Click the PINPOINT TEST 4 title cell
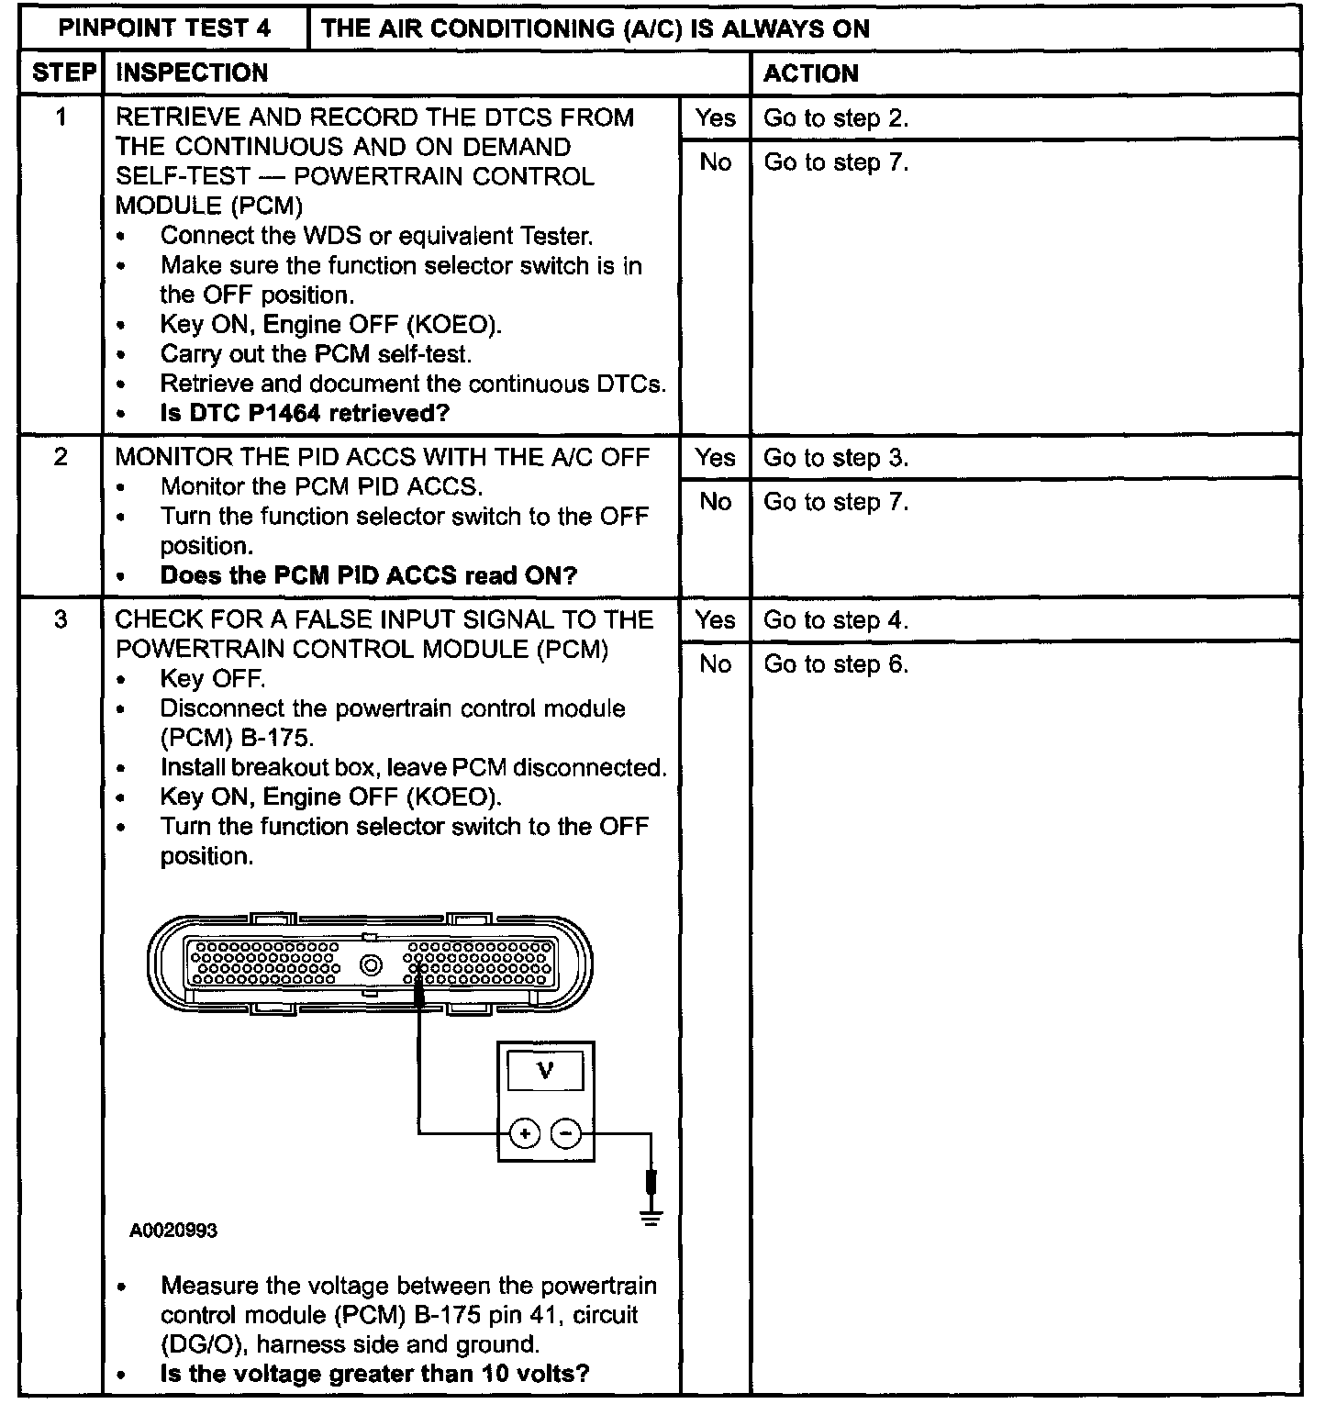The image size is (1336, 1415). tap(164, 28)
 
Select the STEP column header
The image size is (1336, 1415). tap(61, 72)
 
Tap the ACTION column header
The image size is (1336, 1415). tap(811, 73)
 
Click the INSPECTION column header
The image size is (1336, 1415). tap(192, 72)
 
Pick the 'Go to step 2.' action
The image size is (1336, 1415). tap(836, 118)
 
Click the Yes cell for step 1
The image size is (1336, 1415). tap(715, 118)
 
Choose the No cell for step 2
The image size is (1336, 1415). tap(715, 502)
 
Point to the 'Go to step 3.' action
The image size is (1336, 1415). tap(836, 458)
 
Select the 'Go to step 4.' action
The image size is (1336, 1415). tap(836, 620)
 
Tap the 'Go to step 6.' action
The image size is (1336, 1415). tap(836, 664)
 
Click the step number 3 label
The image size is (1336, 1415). tap(61, 620)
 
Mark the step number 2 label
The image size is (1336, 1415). tap(61, 457)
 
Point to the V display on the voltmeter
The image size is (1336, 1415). tap(545, 1071)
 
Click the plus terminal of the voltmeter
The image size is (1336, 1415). tap(525, 1134)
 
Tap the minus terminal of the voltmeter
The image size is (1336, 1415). tap(566, 1134)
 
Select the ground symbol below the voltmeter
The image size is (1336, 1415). tap(651, 1219)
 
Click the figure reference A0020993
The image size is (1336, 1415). tap(173, 1231)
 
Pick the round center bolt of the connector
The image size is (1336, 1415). tap(372, 965)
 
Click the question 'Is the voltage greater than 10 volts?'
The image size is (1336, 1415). tap(374, 1374)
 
